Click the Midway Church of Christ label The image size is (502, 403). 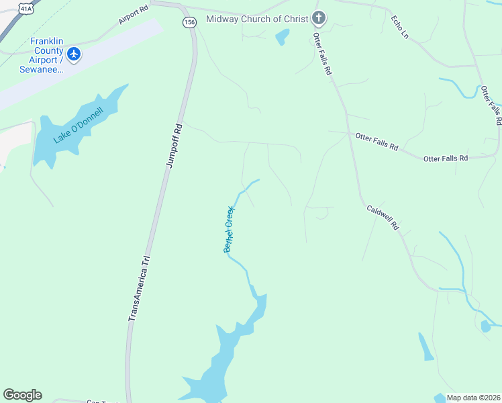[x=257, y=19]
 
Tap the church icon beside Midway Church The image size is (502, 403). [x=319, y=18]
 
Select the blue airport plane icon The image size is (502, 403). [x=74, y=54]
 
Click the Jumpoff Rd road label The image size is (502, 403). [x=174, y=145]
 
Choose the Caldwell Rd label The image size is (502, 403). [x=383, y=218]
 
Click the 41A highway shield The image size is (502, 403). [x=25, y=8]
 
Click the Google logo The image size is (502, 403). [x=22, y=395]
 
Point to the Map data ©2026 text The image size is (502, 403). [x=474, y=398]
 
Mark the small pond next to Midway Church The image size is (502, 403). [x=283, y=37]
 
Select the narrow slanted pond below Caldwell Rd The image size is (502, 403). [x=425, y=347]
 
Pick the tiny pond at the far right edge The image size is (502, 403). [x=485, y=327]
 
